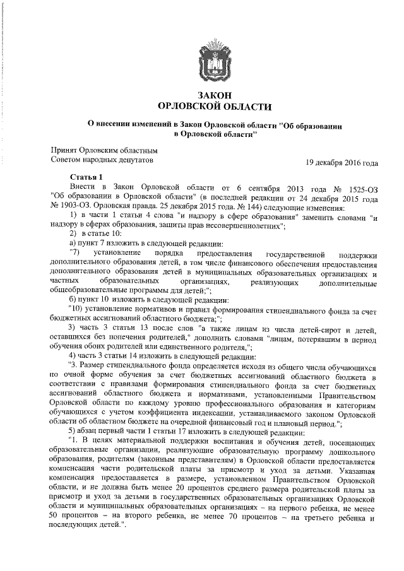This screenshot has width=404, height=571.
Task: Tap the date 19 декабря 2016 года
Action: pyautogui.click(x=342, y=163)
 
